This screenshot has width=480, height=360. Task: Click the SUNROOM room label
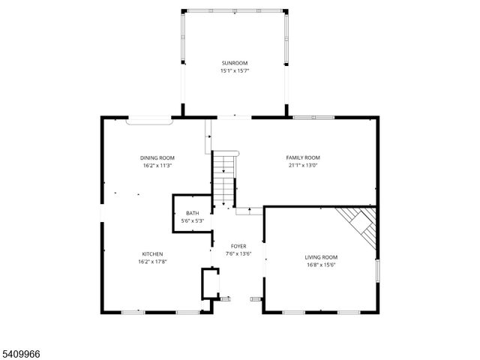click(x=234, y=63)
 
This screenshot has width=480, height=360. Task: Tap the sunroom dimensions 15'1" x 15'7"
click(x=234, y=70)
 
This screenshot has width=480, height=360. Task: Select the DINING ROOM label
click(x=157, y=157)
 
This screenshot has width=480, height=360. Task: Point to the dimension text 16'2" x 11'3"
click(x=157, y=166)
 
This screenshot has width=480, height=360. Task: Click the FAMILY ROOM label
click(x=303, y=157)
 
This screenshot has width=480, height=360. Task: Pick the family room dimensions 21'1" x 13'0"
click(x=303, y=166)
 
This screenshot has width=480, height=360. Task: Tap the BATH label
click(x=193, y=214)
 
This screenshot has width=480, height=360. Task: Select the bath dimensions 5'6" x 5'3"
click(x=193, y=221)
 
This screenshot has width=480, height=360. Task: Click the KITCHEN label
click(x=151, y=253)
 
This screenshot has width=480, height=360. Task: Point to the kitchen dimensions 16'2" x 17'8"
click(x=151, y=262)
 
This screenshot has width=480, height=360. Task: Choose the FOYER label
click(x=238, y=246)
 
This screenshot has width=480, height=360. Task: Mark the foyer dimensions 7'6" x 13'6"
click(x=238, y=253)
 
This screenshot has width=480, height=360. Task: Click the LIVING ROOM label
click(x=322, y=257)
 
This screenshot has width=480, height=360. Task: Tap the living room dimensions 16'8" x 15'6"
click(x=322, y=265)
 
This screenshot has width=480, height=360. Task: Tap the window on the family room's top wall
click(x=313, y=117)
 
